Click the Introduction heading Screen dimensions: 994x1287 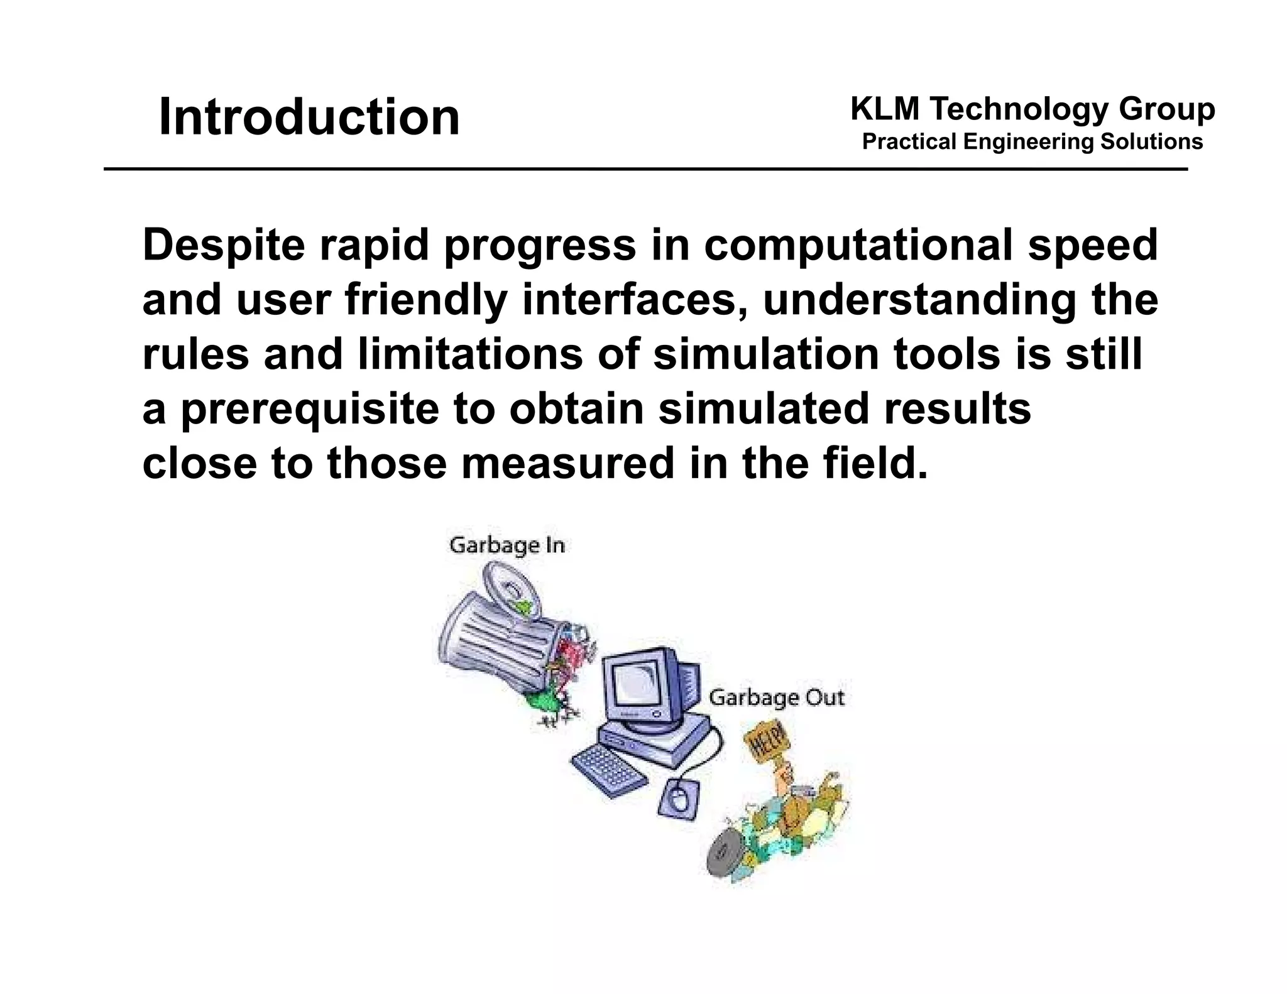pos(309,117)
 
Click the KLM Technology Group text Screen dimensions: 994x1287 pos(1032,109)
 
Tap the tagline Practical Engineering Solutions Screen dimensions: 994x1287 pos(1032,142)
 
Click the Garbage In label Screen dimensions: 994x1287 pos(507,545)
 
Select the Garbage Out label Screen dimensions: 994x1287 pos(776,697)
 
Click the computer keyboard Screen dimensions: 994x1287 pos(608,770)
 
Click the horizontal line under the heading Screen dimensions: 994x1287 pos(645,170)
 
